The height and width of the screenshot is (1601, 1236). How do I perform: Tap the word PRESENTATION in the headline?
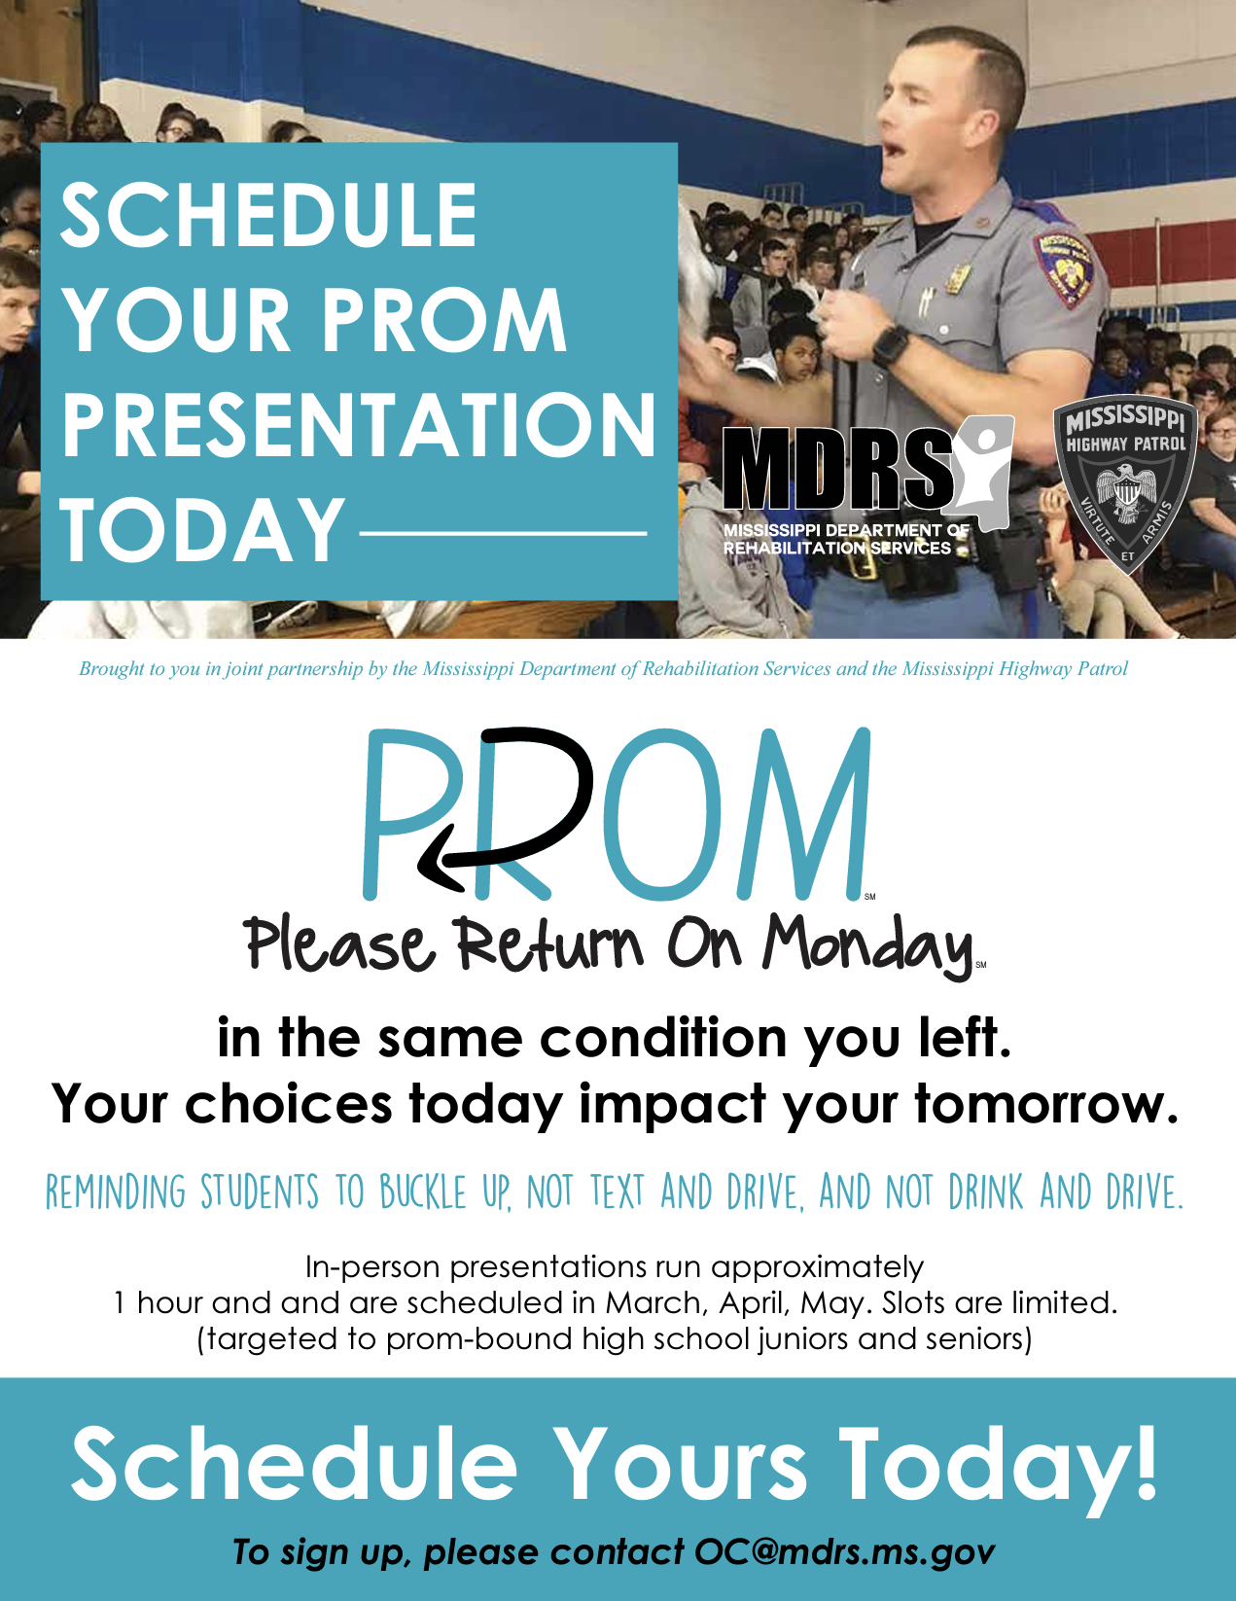[x=359, y=425]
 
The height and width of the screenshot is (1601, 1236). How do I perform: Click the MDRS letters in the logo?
[x=838, y=470]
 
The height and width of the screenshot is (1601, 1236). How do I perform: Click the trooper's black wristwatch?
[x=891, y=344]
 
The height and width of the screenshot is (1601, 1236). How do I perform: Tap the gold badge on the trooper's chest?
[x=959, y=278]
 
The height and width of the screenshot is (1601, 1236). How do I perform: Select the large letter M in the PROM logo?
[x=806, y=814]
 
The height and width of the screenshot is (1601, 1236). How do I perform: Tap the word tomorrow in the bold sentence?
[x=1046, y=1104]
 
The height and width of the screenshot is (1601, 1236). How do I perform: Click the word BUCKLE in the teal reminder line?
[x=424, y=1192]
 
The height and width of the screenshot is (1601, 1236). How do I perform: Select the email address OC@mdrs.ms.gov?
[x=844, y=1551]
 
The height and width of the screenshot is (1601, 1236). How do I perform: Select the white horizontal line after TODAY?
[x=503, y=533]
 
